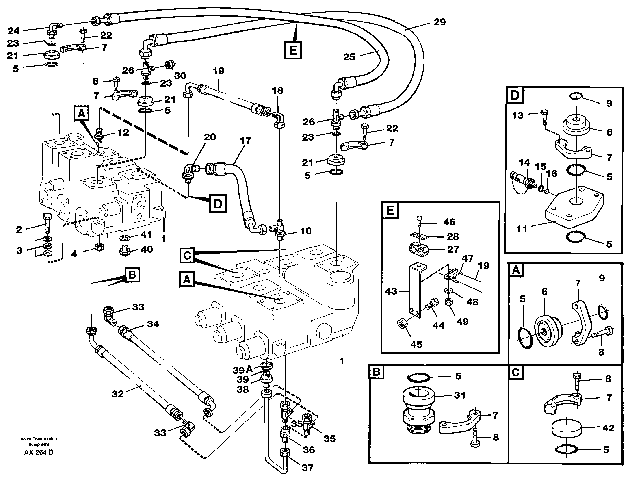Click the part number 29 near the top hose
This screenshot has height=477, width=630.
[x=439, y=22]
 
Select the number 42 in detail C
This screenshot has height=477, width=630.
[x=608, y=428]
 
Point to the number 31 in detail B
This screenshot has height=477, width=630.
[x=459, y=395]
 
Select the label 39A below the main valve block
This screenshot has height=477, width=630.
[x=243, y=370]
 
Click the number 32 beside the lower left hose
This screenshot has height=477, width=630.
[x=118, y=394]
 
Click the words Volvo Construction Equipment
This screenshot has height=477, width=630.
[x=39, y=441]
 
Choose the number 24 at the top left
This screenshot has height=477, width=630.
[x=13, y=31]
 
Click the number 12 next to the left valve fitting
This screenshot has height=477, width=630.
[x=123, y=132]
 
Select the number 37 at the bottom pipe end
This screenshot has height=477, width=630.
[x=307, y=468]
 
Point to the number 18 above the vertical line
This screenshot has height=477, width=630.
[x=277, y=91]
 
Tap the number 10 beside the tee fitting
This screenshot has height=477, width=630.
[x=306, y=231]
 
